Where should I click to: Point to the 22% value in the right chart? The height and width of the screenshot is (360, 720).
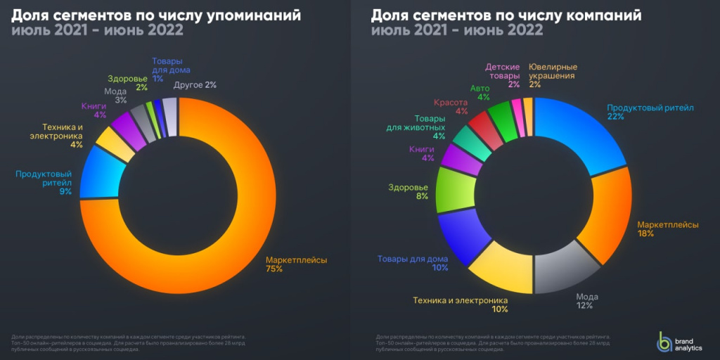[616, 117]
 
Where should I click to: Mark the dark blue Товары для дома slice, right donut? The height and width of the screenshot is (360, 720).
[461, 236]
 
